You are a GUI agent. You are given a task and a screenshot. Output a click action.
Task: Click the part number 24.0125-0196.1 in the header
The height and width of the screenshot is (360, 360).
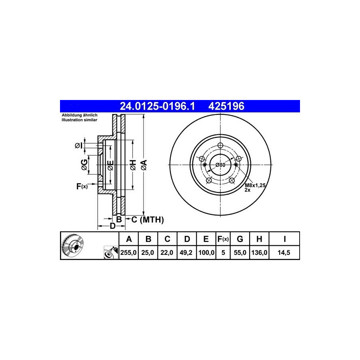point(157,106)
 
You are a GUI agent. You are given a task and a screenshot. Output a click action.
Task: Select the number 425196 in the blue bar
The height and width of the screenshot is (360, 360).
point(226,106)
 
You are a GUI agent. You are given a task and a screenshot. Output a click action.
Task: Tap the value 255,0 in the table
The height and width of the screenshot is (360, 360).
point(128,252)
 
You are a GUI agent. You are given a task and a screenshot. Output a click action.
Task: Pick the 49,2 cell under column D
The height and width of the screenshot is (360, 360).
point(186,252)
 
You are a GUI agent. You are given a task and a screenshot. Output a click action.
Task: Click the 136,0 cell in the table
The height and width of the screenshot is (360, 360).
point(259,252)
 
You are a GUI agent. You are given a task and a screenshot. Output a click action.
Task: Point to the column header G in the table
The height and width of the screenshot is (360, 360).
point(240,239)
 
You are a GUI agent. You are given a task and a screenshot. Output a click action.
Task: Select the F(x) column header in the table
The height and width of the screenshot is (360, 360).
point(223,239)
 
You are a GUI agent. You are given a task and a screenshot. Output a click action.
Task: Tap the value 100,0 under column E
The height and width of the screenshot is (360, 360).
point(206,252)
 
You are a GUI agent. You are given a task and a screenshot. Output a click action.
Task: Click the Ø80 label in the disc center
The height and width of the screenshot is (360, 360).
point(220,165)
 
